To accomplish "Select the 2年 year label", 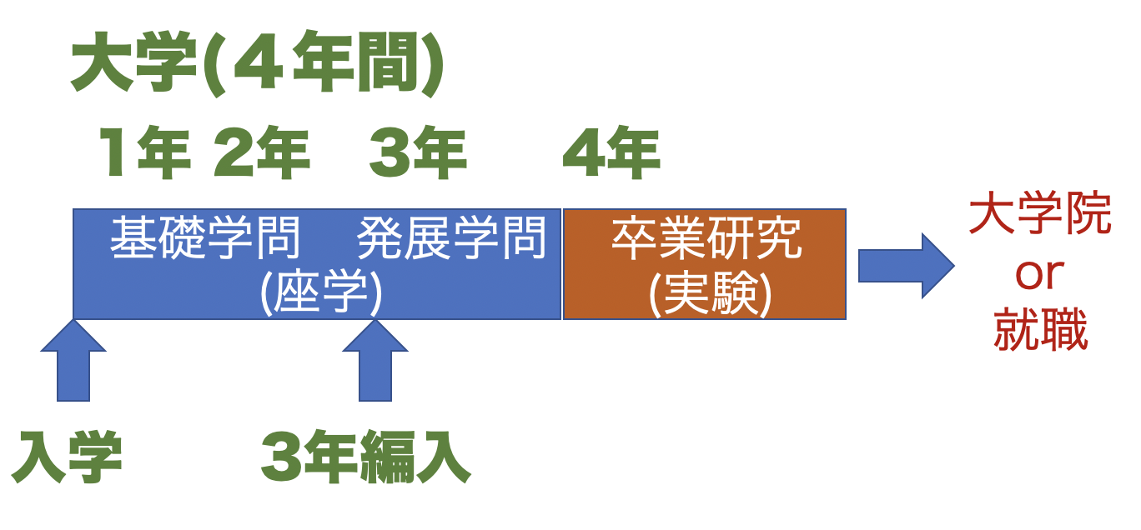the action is pyautogui.click(x=261, y=155).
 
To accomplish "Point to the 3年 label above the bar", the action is pyautogui.click(x=417, y=155).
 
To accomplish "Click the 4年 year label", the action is pyautogui.click(x=611, y=155).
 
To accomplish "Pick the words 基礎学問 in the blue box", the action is pyautogui.click(x=205, y=239).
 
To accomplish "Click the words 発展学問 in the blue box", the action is pyautogui.click(x=451, y=239).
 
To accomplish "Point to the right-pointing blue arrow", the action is pyautogui.click(x=906, y=266).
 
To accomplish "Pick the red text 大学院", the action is pyautogui.click(x=1039, y=216).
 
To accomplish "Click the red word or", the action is pyautogui.click(x=1039, y=274).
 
